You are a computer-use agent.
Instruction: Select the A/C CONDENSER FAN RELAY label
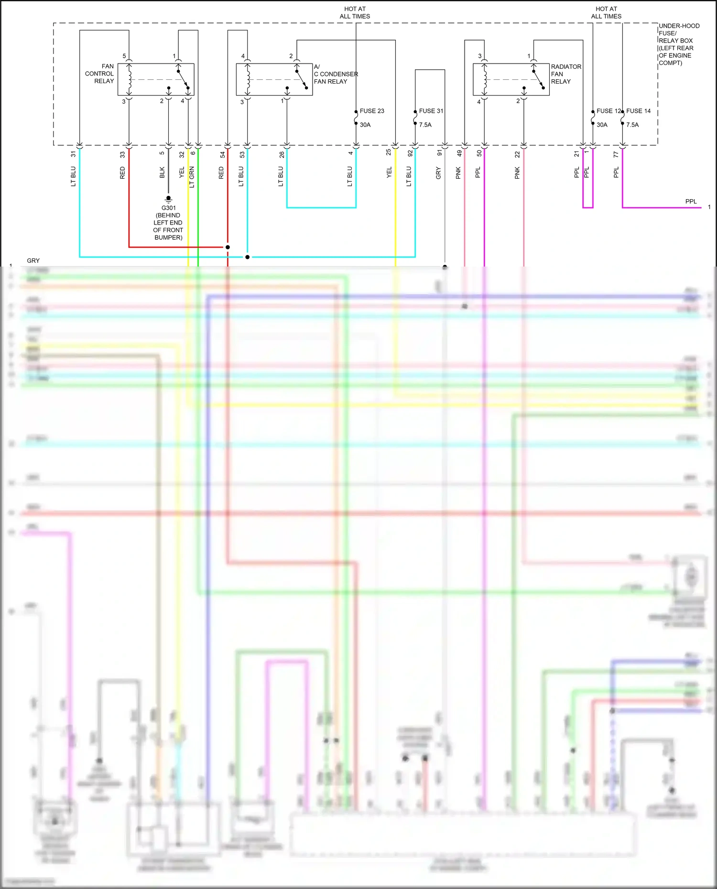tap(335, 74)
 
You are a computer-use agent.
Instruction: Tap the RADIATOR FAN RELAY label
tap(565, 74)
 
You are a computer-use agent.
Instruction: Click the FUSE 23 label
tap(371, 111)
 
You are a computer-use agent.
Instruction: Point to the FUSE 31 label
tap(431, 111)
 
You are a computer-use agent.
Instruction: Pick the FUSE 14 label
tap(638, 111)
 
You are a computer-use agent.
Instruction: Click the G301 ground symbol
tap(168, 199)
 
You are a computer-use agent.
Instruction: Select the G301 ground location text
tap(168, 223)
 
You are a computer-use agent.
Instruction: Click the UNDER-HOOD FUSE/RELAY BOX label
tap(678, 44)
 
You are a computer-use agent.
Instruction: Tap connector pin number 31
tap(73, 154)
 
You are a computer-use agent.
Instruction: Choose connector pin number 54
tap(222, 154)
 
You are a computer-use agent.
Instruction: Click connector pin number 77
tap(616, 154)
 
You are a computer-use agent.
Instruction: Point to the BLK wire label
tap(162, 172)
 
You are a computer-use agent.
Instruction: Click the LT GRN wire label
tap(192, 177)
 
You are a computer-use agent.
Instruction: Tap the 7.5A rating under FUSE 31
tap(425, 125)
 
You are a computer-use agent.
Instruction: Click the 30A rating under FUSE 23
tap(365, 125)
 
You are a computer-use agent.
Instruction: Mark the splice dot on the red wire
tap(228, 247)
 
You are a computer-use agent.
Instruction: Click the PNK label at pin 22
tap(517, 173)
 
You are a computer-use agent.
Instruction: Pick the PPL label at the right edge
tap(691, 202)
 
